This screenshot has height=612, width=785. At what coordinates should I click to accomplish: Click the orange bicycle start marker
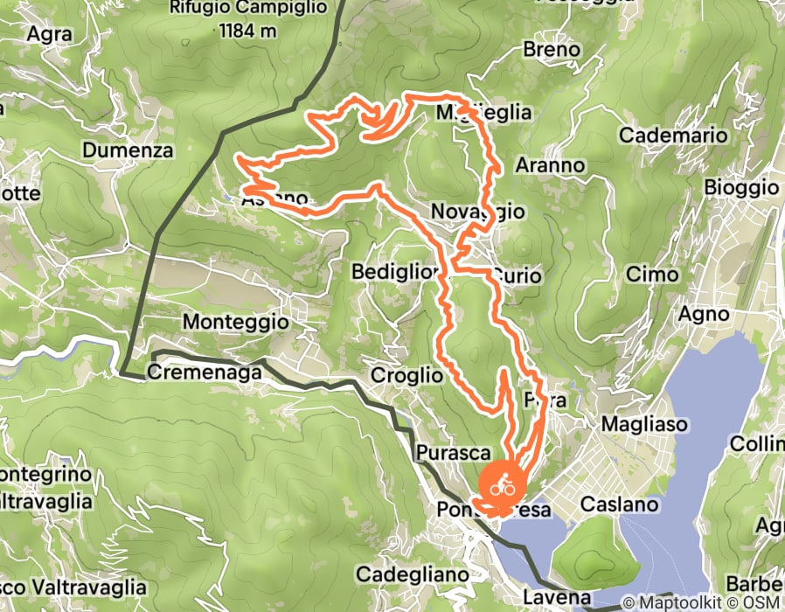tap(502, 483)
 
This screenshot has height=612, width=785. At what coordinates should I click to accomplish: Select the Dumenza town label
tap(128, 150)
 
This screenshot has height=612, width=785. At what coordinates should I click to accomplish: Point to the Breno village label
tap(552, 50)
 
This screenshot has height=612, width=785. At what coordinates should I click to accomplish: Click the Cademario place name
tap(673, 136)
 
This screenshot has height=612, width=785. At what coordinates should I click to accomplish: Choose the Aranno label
tap(549, 164)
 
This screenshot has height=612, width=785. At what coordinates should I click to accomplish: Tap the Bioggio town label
tap(740, 187)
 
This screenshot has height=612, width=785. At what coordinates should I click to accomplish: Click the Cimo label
tap(652, 275)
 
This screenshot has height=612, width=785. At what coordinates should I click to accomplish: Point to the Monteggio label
tap(235, 323)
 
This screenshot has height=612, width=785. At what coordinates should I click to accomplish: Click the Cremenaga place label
tap(205, 372)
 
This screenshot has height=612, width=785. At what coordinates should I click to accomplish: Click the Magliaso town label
tap(645, 424)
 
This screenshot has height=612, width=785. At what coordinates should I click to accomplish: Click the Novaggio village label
tap(478, 212)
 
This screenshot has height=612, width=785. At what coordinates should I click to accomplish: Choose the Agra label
tap(49, 35)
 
